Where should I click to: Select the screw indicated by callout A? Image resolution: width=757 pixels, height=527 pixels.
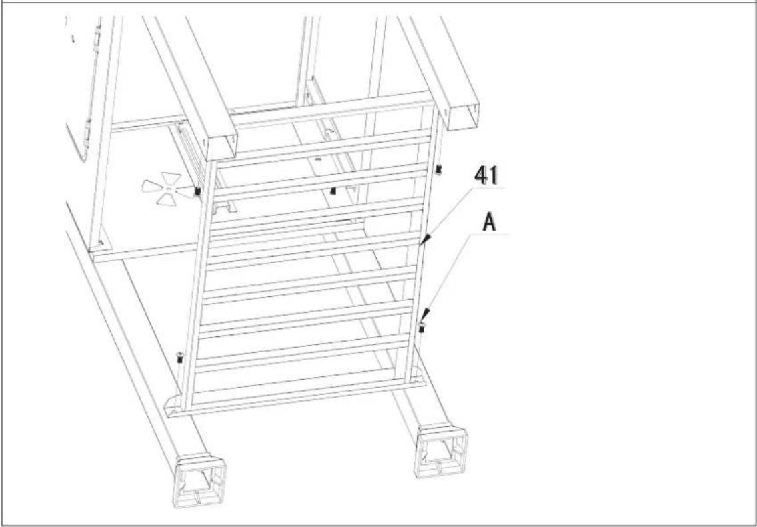pos(422,326)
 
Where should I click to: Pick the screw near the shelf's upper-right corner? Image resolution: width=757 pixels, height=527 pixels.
pos(439,170)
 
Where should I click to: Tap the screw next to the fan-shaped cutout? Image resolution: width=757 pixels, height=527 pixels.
pos(197,191)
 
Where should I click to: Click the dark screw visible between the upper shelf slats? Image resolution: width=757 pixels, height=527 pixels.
pos(333,191)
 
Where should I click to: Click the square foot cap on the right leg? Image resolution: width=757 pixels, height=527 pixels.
pos(440,451)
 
